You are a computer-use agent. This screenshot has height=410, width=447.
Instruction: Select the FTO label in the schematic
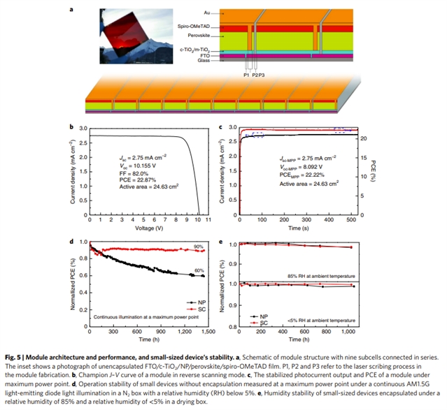click(204, 55)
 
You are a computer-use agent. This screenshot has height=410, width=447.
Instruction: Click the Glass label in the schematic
click(203, 61)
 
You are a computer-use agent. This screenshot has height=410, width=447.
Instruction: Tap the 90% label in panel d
click(199, 246)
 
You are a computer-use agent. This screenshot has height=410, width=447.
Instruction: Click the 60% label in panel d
click(199, 270)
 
